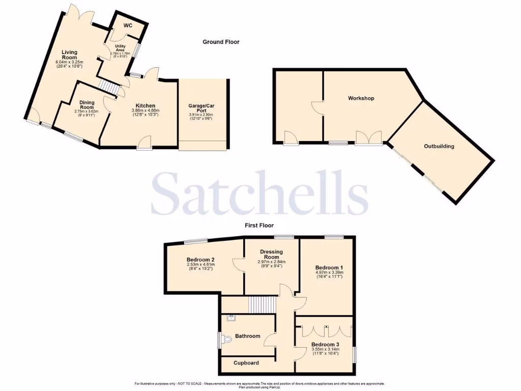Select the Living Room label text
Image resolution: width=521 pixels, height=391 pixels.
point(69,54)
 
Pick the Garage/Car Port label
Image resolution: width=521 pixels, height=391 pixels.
point(202,109)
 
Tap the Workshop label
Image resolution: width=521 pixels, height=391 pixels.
point(361,98)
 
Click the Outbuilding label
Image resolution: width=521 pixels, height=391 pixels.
point(439,146)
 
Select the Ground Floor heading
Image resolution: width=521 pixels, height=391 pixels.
point(221,42)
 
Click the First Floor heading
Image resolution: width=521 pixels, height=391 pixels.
point(258,225)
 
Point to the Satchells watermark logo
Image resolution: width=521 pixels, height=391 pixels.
point(260,193)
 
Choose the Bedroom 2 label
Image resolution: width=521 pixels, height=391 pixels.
point(200,259)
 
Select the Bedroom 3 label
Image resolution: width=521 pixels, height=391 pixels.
point(325,345)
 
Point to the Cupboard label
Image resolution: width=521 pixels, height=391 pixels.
point(246,363)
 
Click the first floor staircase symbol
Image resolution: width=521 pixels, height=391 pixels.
point(261,306)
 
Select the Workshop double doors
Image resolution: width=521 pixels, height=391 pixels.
point(368,138)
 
